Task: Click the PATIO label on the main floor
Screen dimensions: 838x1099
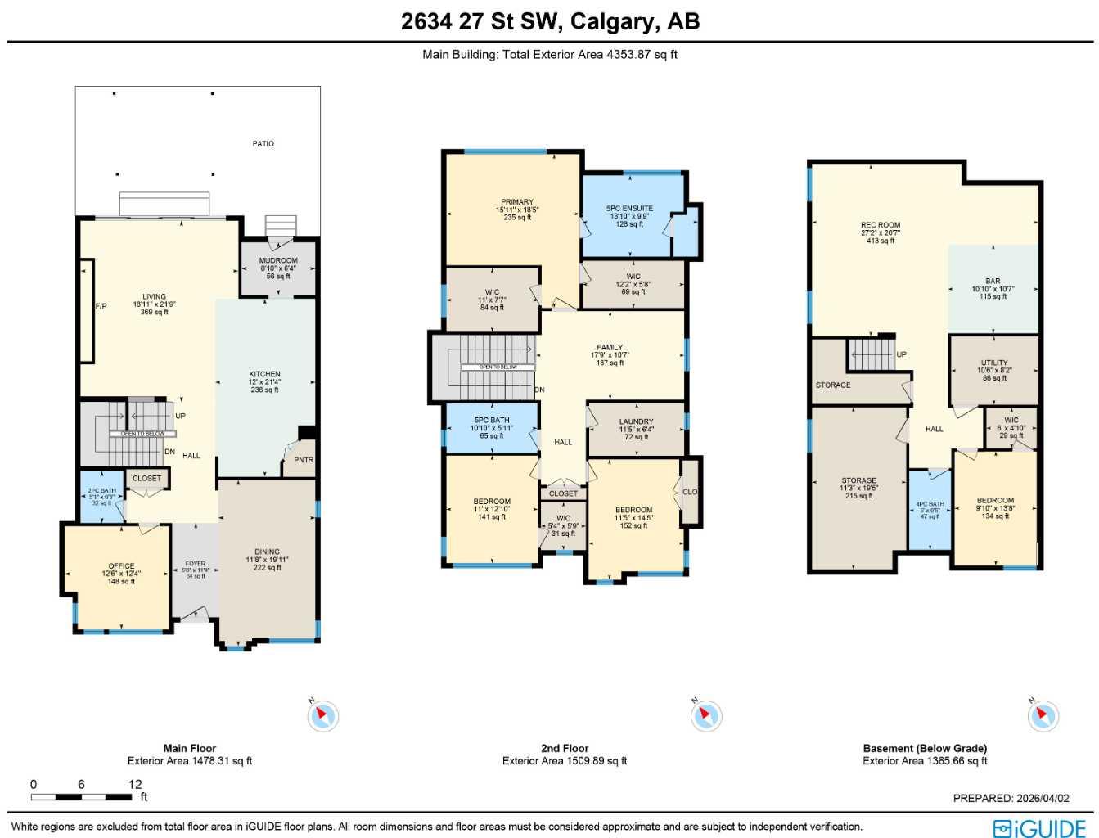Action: (263, 144)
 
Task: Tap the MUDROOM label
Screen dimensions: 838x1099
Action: (278, 261)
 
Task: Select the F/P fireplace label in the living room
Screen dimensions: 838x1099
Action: (101, 306)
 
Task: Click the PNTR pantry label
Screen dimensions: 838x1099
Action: (304, 460)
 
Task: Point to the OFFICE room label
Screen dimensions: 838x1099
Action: (121, 566)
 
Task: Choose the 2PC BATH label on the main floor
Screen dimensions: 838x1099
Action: (102, 491)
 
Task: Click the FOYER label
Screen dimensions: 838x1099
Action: (196, 564)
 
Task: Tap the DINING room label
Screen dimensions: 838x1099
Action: (267, 552)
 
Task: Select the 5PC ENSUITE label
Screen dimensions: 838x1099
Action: (629, 209)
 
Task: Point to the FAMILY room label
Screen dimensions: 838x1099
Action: (610, 348)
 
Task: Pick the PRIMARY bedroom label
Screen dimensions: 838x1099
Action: (517, 202)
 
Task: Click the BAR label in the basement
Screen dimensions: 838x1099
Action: (993, 281)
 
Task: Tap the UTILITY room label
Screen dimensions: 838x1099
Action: (994, 363)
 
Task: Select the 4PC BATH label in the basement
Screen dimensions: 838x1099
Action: (930, 504)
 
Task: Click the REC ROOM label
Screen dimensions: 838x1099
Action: (881, 225)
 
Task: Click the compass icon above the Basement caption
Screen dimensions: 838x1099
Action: (1043, 716)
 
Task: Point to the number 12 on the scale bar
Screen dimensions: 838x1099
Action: (135, 784)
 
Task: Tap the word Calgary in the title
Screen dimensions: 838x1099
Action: (615, 21)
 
